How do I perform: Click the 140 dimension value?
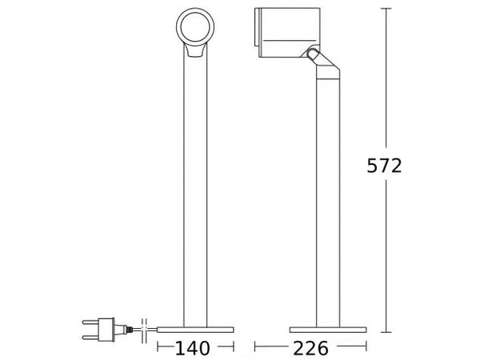[x=192, y=349]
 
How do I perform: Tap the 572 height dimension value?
[x=384, y=166]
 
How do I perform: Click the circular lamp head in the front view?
[x=194, y=28]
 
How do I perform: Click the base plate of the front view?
[x=195, y=329]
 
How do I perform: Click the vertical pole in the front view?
[x=195, y=192]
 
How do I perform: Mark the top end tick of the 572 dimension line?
[x=387, y=8]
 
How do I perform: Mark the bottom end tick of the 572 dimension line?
[x=387, y=331]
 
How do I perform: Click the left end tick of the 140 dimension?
[x=157, y=348]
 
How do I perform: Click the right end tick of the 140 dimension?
[x=234, y=348]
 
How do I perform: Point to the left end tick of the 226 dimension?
[x=254, y=348]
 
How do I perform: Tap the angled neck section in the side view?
[x=324, y=72]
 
